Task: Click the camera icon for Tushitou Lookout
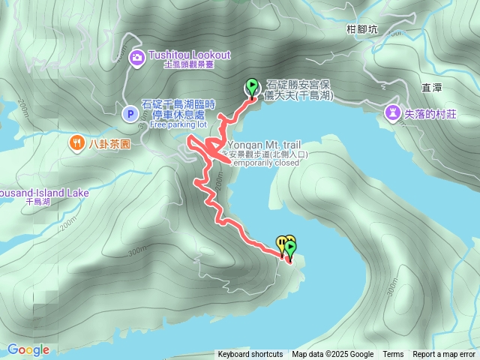(x=136, y=56)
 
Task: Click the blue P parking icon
(x=130, y=114)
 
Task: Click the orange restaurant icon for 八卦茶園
(x=76, y=143)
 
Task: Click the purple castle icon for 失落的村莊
(x=392, y=113)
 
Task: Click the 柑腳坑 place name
(x=362, y=29)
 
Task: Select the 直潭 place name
(x=431, y=88)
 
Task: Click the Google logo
(x=28, y=349)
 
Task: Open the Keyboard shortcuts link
(x=250, y=355)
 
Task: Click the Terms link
(x=393, y=355)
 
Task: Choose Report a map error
(x=444, y=355)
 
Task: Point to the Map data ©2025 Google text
(x=333, y=355)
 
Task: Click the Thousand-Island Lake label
(x=41, y=193)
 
